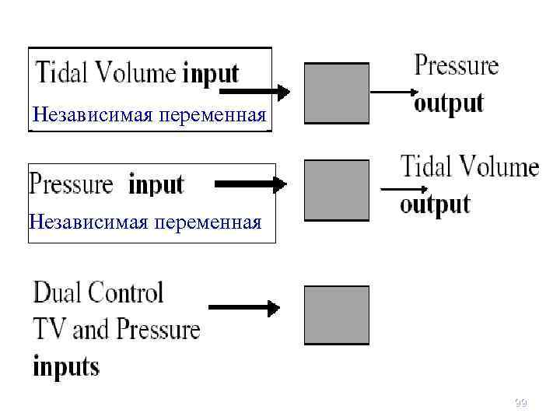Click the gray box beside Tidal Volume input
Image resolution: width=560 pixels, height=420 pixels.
pyautogui.click(x=336, y=93)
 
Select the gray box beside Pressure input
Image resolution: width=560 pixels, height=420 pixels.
pyautogui.click(x=336, y=191)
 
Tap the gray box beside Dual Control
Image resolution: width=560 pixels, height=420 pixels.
pyautogui.click(x=336, y=315)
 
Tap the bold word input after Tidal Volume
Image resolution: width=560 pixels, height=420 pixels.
pyautogui.click(x=210, y=75)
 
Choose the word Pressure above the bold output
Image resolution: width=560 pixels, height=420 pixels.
pyautogui.click(x=457, y=65)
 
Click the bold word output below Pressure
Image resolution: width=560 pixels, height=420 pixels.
pyautogui.click(x=449, y=103)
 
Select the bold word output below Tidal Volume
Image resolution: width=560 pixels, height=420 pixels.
pyautogui.click(x=435, y=204)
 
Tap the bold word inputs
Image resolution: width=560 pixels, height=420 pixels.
pyautogui.click(x=66, y=365)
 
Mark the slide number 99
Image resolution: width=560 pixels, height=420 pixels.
pyautogui.click(x=520, y=402)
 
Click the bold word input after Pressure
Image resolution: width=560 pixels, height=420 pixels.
pyautogui.click(x=156, y=185)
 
